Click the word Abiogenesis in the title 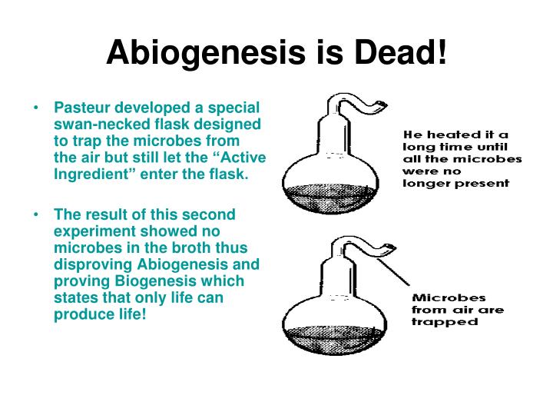click(206, 53)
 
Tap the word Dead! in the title click(400, 52)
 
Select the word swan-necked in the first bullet click(104, 124)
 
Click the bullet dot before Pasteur click(36, 108)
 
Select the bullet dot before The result click(36, 214)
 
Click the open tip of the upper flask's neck click(383, 105)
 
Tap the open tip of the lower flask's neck click(391, 247)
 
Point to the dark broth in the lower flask click(334, 340)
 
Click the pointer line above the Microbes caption click(393, 272)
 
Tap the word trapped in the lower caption click(445, 322)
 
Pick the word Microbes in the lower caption click(449, 297)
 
